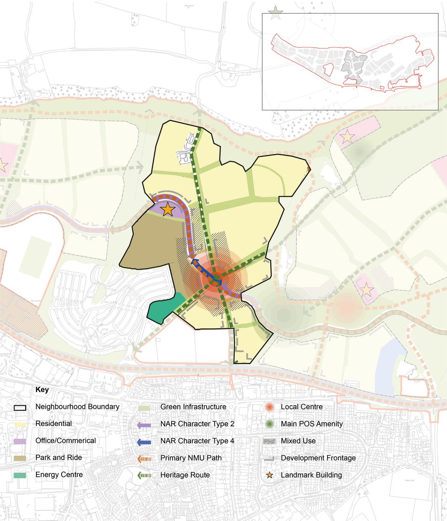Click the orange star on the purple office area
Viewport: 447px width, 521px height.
pos(168,209)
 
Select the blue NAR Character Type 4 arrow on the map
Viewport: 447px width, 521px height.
pos(207,271)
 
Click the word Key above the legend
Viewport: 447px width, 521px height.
pos(42,390)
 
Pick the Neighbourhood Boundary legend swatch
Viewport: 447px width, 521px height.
pos(20,407)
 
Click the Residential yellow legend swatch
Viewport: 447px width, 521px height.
pos(20,424)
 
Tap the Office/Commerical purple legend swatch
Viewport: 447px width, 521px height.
pos(20,441)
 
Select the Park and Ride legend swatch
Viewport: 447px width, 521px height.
pos(20,458)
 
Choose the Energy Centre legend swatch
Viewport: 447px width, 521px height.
pos(20,475)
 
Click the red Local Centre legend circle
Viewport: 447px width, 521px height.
pos(269,407)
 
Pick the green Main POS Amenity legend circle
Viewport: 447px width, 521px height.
pos(269,424)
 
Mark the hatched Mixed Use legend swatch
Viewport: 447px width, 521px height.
pos(269,441)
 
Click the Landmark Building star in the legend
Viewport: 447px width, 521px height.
pos(269,475)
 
